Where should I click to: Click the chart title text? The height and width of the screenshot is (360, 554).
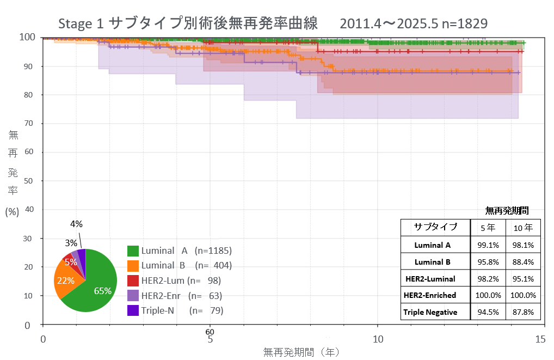272,24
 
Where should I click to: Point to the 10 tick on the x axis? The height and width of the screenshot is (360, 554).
378,339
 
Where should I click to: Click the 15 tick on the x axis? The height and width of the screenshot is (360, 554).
540,339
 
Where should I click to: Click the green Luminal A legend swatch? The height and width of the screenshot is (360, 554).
133,251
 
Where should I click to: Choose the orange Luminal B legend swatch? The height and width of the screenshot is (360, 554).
133,266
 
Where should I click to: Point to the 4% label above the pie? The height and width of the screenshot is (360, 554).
76,224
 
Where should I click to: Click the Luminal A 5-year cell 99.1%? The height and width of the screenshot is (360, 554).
488,245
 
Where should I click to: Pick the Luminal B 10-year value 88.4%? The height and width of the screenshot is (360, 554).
523,261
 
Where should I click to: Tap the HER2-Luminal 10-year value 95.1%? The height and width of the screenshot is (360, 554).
523,278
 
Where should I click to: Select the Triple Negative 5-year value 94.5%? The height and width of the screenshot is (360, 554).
488,312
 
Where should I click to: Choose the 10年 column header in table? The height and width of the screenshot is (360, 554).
523,227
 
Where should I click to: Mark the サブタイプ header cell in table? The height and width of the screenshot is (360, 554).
435,227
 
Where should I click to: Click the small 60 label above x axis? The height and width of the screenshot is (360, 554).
210,332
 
